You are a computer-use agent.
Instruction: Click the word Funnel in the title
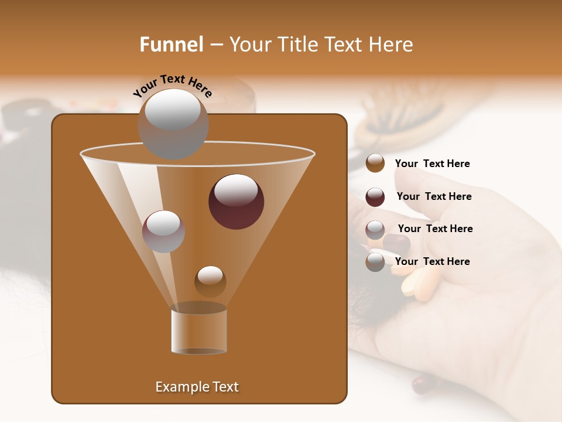[x=171, y=45]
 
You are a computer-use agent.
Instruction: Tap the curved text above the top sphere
[x=173, y=86]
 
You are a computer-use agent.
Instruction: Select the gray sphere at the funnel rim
[x=173, y=123]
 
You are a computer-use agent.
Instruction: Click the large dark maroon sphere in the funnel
[x=236, y=202]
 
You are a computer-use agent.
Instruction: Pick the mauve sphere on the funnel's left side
[x=163, y=232]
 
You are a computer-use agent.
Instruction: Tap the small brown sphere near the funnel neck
[x=210, y=281]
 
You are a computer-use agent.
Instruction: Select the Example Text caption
[x=197, y=387]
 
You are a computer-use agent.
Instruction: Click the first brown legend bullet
[x=375, y=164]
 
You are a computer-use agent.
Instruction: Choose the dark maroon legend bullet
[x=375, y=197]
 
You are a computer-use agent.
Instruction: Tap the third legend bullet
[x=375, y=230]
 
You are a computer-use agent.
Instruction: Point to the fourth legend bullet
[x=375, y=262]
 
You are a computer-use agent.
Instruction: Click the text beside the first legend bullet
[x=432, y=164]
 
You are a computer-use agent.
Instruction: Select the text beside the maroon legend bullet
[x=434, y=196]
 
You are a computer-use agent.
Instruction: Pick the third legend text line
[x=435, y=229]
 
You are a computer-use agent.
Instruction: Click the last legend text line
[x=432, y=261]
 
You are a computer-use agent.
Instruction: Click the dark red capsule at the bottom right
[x=423, y=384]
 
